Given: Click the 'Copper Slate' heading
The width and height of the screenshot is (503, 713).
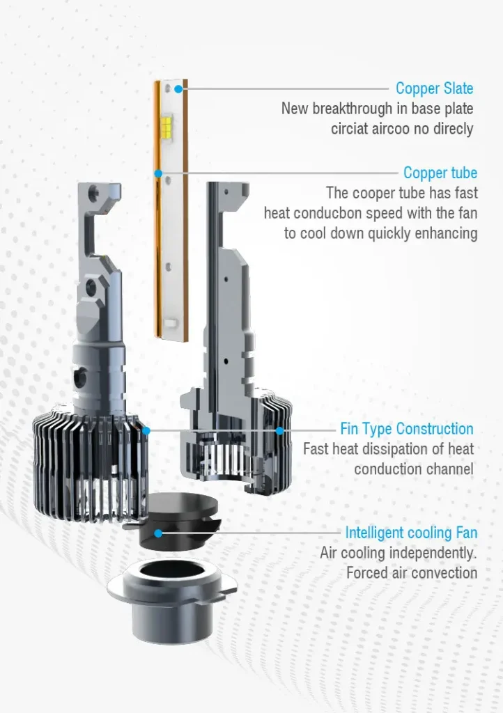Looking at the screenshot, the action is (x=434, y=88).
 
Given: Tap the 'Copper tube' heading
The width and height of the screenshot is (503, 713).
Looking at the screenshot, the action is (x=440, y=173).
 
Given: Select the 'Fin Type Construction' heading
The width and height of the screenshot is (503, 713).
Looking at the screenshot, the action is (x=407, y=429).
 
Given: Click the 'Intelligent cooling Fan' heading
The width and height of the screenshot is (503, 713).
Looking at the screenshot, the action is (x=411, y=533).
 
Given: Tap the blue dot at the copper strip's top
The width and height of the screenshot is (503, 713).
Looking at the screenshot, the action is (x=179, y=88).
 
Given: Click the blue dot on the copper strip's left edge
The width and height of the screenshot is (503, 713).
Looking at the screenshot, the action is (x=158, y=173).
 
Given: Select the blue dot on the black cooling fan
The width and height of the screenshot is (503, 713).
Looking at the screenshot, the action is (x=158, y=533).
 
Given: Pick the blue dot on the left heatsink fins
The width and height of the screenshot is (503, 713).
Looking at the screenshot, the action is (x=146, y=430).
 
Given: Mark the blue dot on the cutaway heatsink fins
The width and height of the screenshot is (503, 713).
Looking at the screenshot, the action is (x=279, y=430).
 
